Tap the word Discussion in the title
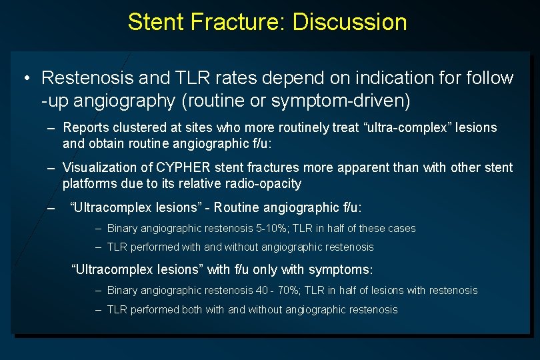tap(349, 22)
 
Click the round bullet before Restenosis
tap(25, 79)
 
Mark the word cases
tap(401, 229)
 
